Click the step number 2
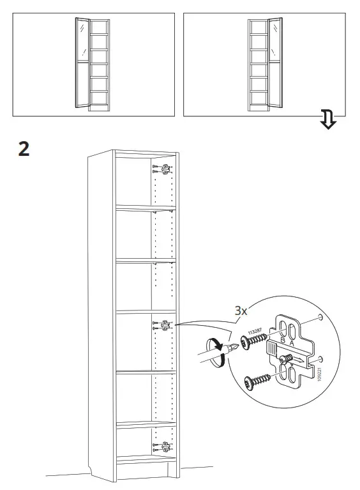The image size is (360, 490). [x=24, y=149]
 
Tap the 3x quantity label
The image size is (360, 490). [x=241, y=311]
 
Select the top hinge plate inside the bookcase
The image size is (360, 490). [x=164, y=169]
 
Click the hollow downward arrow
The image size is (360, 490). [x=327, y=119]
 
